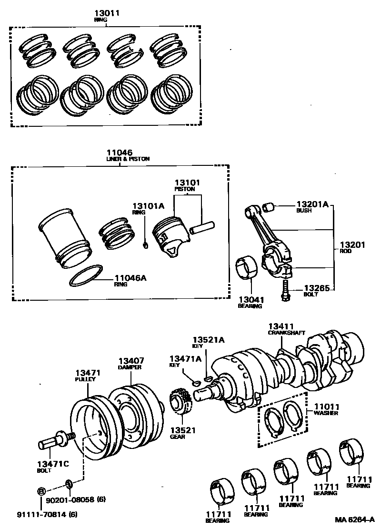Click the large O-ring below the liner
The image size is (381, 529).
(x=86, y=276)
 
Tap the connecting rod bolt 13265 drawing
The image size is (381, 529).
(x=285, y=291)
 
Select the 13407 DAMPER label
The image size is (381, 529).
(x=131, y=363)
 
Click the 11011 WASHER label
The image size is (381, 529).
(x=326, y=409)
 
